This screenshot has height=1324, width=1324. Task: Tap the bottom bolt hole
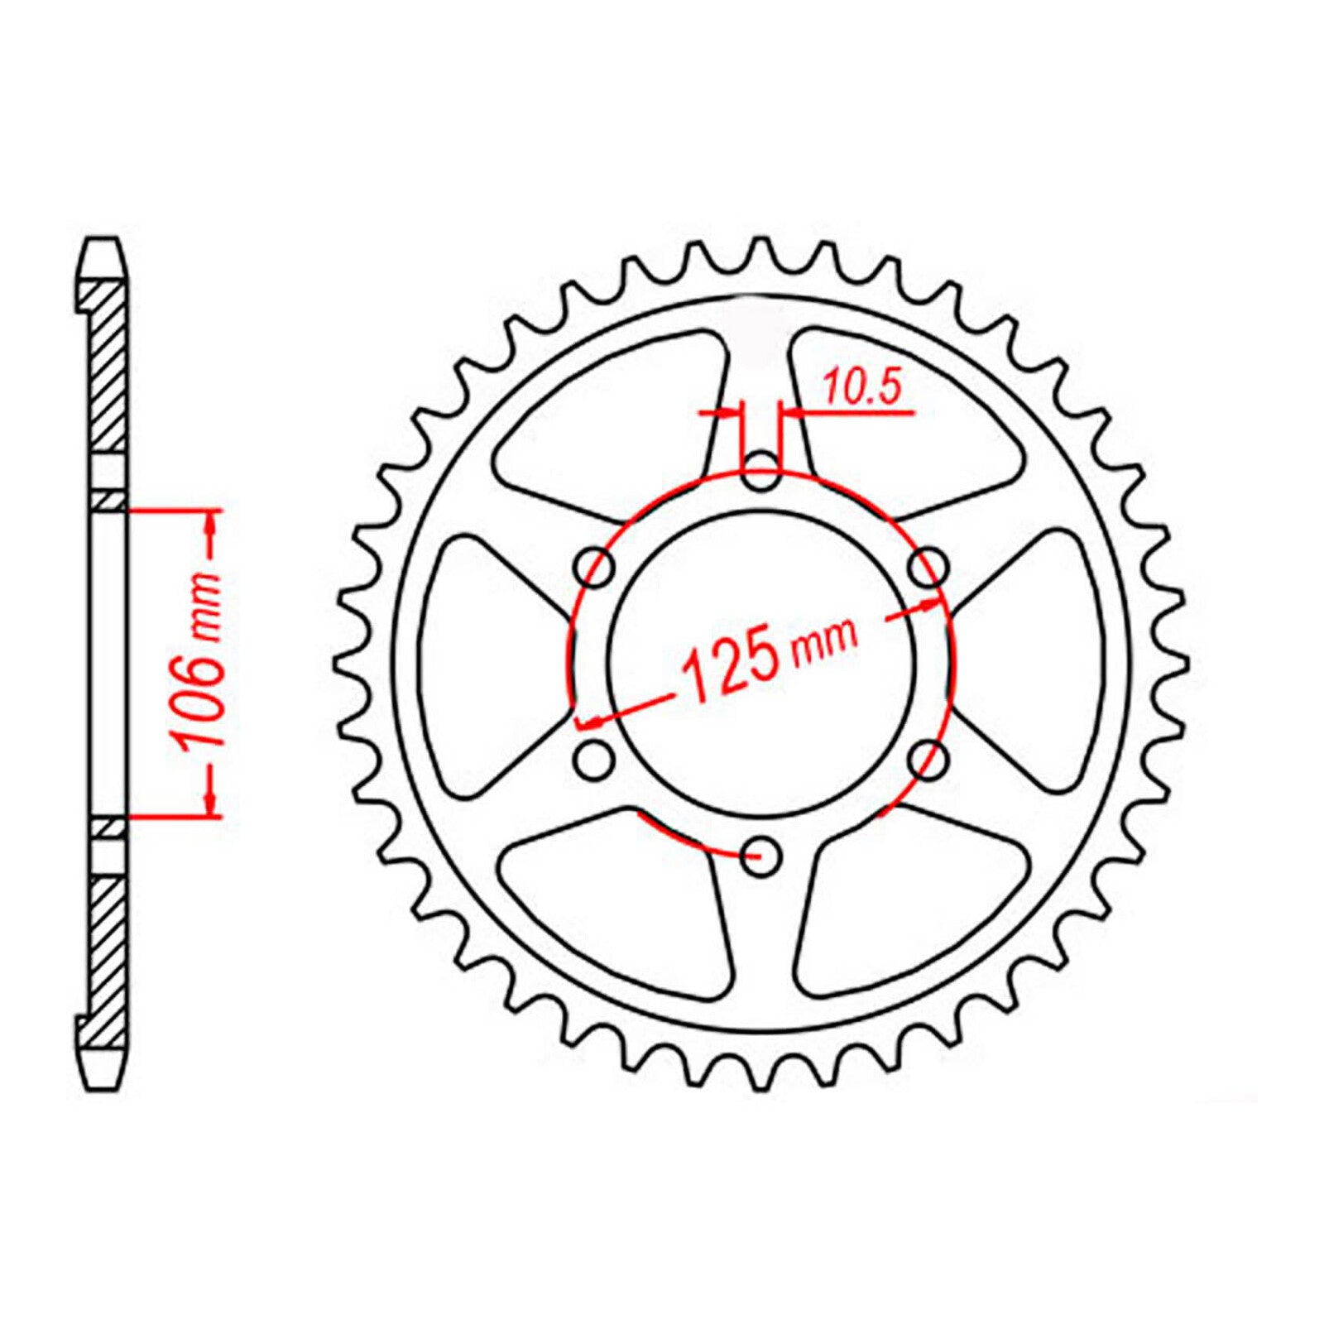[x=760, y=856]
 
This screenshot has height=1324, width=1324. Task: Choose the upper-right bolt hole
[x=928, y=568]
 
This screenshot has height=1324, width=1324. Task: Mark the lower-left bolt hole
[x=595, y=760]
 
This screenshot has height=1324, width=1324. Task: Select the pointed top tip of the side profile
[x=103, y=242]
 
